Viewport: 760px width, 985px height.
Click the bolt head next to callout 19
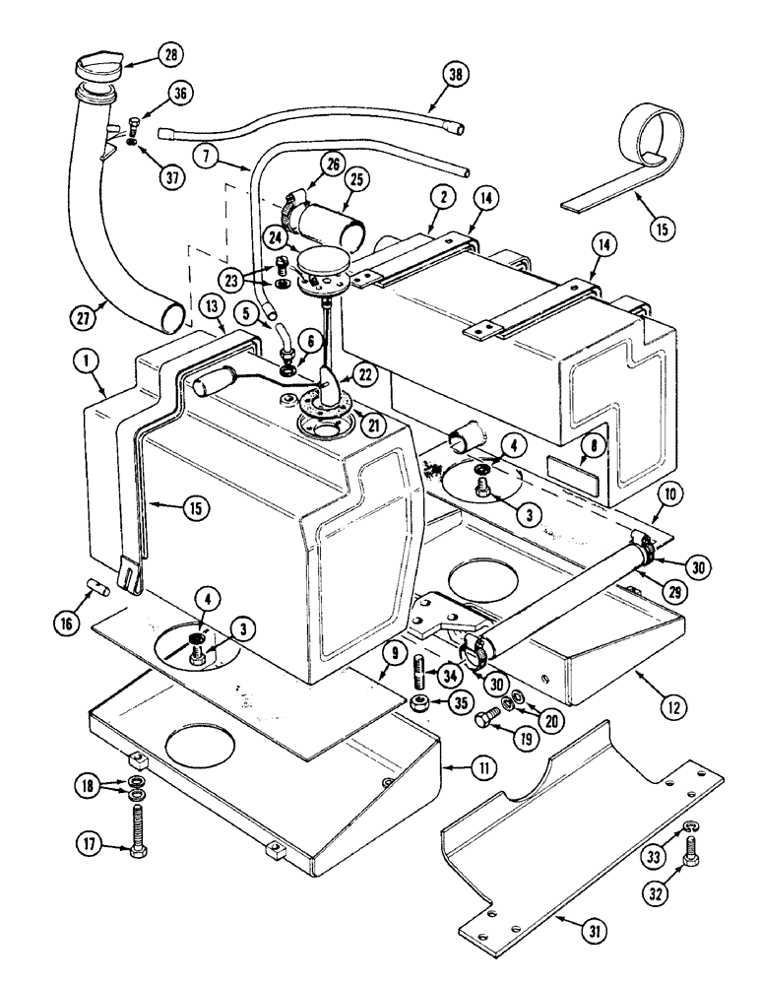pos(483,721)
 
